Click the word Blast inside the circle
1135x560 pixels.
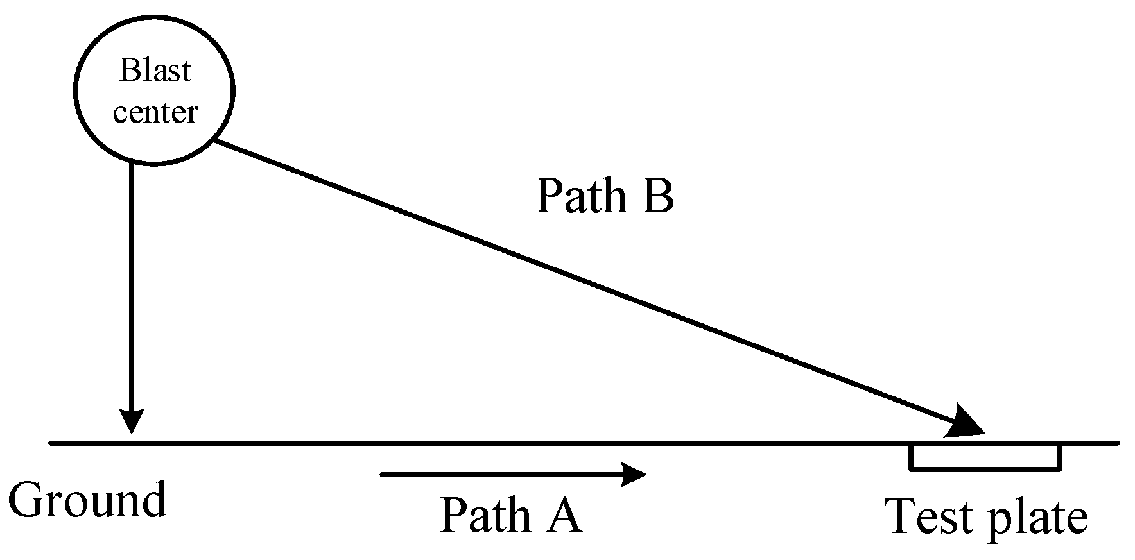click(x=155, y=71)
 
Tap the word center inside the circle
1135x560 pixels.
click(x=155, y=112)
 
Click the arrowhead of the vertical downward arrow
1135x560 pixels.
click(x=132, y=422)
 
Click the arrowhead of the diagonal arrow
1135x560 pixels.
click(x=966, y=423)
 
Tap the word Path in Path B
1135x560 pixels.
click(x=580, y=196)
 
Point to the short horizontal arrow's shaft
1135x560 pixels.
click(x=501, y=475)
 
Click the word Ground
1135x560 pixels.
click(x=87, y=500)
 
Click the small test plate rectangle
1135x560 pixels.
click(x=985, y=456)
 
